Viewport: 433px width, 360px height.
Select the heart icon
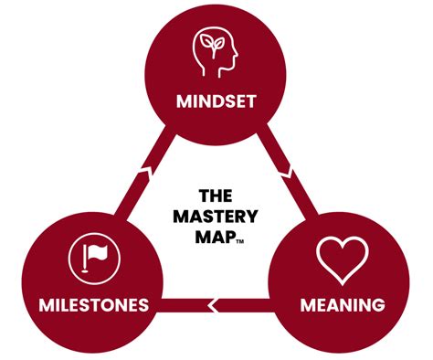342,259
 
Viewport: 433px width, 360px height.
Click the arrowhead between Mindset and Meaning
285,170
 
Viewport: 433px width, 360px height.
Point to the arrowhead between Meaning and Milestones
214,303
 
